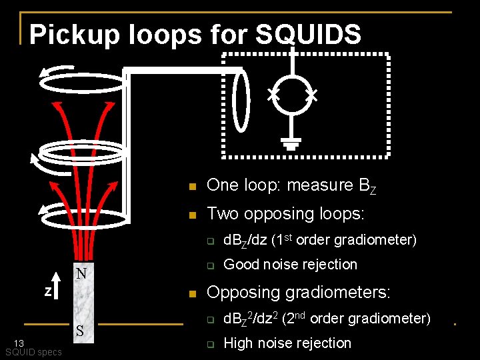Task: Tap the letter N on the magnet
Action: pos(81,274)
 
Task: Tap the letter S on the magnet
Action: pos(79,331)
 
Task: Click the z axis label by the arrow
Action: pos(47,291)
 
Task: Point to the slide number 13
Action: pos(20,343)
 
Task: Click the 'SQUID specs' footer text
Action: pos(33,352)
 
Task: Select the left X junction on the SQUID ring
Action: pos(273,95)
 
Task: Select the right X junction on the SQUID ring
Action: pos(310,95)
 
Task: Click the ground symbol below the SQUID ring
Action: pos(291,143)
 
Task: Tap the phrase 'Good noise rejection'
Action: pos(290,265)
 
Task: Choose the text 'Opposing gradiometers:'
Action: pos(299,293)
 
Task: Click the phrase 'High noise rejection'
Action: pos(287,343)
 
